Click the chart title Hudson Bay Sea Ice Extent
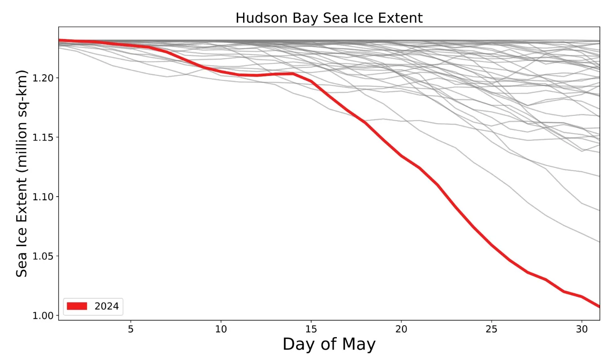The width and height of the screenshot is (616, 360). click(329, 18)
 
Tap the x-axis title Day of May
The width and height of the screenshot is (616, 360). click(329, 344)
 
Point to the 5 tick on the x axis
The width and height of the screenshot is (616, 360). click(131, 329)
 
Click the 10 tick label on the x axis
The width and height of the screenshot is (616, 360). click(221, 329)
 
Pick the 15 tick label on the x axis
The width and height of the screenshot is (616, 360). click(311, 329)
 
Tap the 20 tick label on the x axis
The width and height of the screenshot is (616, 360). click(401, 329)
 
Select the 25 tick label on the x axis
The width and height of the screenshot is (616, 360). click(492, 329)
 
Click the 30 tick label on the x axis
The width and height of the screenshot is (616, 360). click(582, 329)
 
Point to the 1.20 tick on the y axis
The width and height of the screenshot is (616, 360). click(43, 78)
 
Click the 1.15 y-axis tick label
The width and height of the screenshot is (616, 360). click(43, 137)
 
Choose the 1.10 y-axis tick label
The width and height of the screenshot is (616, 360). click(43, 197)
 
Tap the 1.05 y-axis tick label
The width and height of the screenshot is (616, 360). click(43, 256)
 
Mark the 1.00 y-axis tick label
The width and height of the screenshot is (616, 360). click(43, 316)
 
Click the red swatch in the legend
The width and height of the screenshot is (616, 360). click(77, 306)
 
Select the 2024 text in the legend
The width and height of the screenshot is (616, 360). click(107, 306)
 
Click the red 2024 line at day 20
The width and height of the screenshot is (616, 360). click(401, 156)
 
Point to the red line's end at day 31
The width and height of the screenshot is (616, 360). click(599, 306)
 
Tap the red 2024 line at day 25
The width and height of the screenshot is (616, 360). click(492, 245)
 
